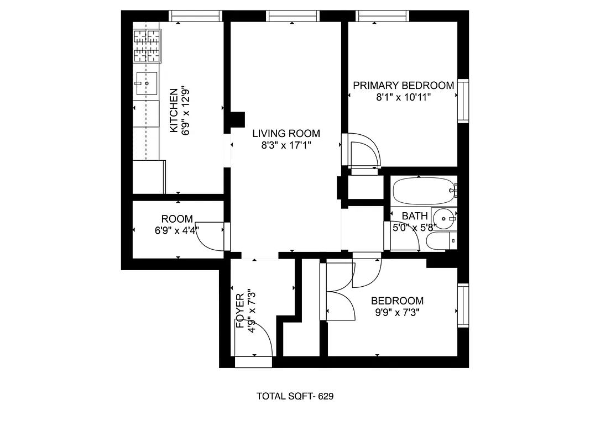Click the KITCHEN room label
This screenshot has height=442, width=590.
(174, 110)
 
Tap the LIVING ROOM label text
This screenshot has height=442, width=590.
(286, 133)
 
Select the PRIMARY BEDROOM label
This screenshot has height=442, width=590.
(403, 86)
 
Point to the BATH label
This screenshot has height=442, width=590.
(414, 216)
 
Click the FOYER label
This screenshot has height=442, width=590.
(241, 312)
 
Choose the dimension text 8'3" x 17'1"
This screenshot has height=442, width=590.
(286, 146)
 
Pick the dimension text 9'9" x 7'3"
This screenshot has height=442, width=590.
(397, 313)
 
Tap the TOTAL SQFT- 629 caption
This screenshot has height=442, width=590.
(295, 396)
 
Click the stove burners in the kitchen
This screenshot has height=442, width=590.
(147, 46)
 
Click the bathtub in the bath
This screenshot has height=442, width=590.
(422, 191)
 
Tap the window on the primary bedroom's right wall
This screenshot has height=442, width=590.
(463, 101)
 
